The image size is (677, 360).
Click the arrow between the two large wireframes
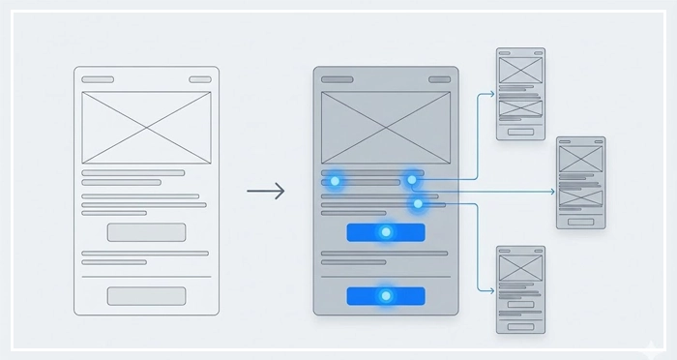click(x=266, y=192)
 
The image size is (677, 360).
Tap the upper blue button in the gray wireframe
click(x=385, y=232)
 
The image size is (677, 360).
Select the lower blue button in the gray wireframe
click(x=385, y=295)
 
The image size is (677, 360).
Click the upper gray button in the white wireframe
click(x=146, y=232)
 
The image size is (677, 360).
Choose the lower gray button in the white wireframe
click(x=146, y=295)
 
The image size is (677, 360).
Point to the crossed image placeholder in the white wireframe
click(x=146, y=128)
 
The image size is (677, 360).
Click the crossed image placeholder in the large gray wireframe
click(x=385, y=128)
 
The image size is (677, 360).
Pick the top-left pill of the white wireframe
click(x=97, y=79)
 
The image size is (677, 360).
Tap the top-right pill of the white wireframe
click(x=199, y=79)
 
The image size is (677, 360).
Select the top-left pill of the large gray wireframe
click(x=337, y=79)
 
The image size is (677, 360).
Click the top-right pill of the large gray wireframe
click(x=439, y=79)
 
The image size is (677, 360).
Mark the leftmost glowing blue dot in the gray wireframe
click(x=335, y=180)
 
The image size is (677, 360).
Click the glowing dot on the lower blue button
click(x=385, y=295)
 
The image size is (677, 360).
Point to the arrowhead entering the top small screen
click(x=492, y=94)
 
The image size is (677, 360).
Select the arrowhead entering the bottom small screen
click(x=492, y=289)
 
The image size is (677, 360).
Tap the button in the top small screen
click(x=520, y=131)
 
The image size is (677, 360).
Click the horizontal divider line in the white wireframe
click(x=146, y=277)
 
